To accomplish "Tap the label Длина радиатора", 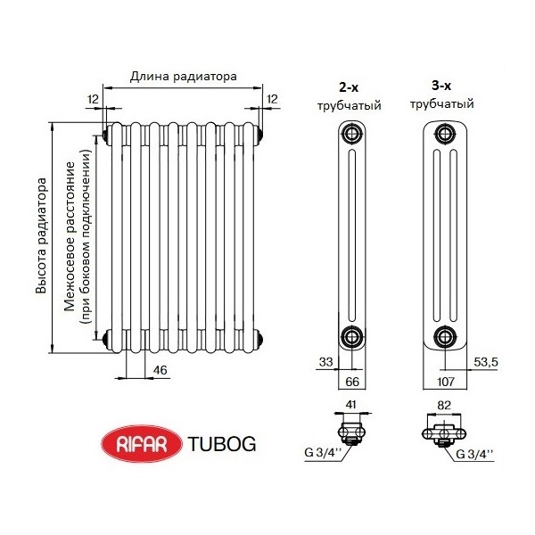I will (183, 77).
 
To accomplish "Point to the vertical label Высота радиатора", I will (40, 236).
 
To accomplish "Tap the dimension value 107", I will (443, 381).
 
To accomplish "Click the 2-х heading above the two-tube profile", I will (350, 88).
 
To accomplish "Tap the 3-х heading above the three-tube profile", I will (441, 86).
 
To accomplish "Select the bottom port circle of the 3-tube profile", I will (443, 336).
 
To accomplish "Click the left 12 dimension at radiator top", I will (94, 98).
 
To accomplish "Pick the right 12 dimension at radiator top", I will (272, 98).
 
